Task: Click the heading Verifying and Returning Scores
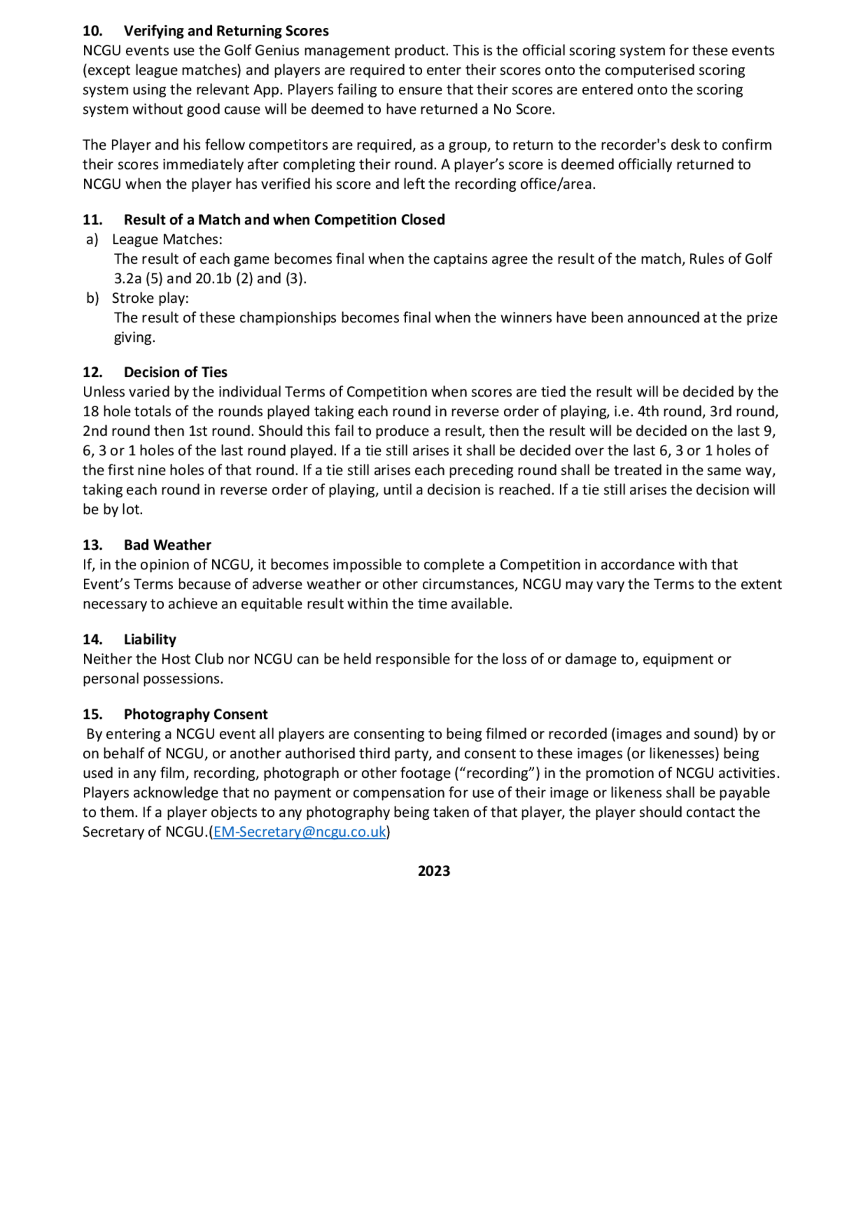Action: (226, 31)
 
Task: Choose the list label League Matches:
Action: (167, 239)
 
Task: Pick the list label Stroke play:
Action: (150, 298)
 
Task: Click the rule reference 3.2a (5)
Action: (138, 279)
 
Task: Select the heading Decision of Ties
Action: (175, 373)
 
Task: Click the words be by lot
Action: (112, 510)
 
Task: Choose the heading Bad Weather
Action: (168, 545)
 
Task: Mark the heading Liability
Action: (150, 640)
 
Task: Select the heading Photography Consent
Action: (195, 714)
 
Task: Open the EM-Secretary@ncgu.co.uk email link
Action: (299, 832)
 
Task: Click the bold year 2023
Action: (434, 871)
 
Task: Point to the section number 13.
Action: (92, 545)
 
